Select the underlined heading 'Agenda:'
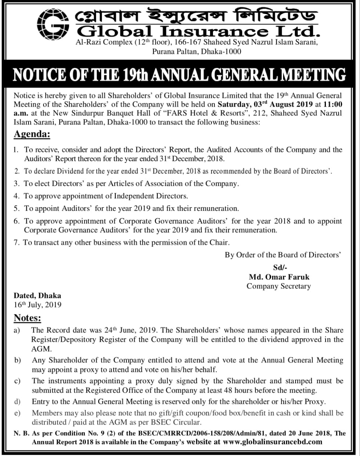[31, 134]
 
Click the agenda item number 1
[16, 150]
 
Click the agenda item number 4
[16, 196]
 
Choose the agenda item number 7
[16, 242]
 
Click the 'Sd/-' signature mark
[279, 268]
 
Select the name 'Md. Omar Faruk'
[279, 277]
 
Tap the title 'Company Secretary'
[279, 286]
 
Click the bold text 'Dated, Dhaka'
[37, 296]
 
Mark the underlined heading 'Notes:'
[27, 318]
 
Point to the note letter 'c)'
[17, 381]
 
